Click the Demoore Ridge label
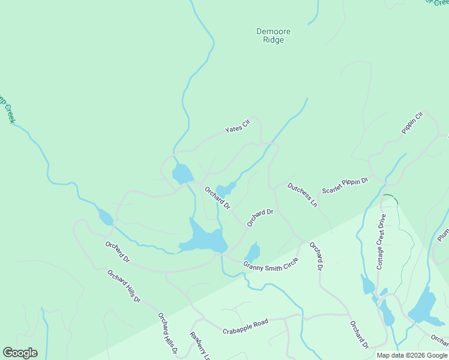(270, 35)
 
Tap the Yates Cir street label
(237, 127)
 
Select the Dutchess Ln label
(302, 194)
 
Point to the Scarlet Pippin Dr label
(345, 185)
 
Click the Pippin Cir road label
(412, 122)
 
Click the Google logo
(20, 353)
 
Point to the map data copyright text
(412, 355)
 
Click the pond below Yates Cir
(182, 174)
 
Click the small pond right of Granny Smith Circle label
(253, 252)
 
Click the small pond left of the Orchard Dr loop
(105, 217)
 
